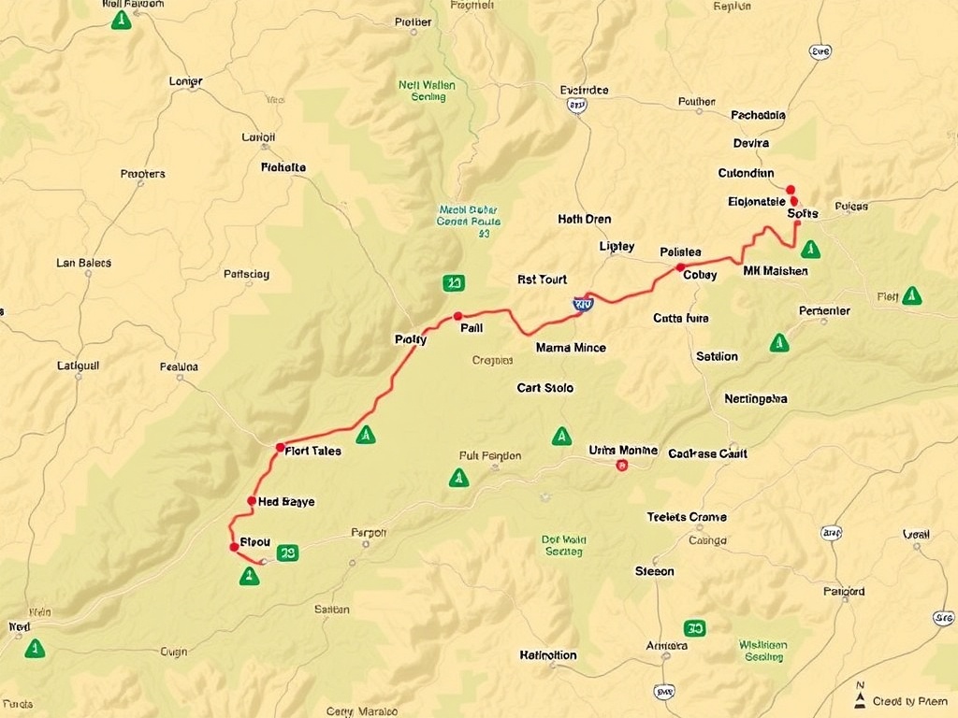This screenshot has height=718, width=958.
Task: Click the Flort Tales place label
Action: click(313, 451)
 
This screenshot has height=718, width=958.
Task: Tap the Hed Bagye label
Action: click(286, 502)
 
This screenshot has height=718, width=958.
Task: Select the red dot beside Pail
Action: click(457, 316)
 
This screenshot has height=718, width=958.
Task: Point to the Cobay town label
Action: click(700, 275)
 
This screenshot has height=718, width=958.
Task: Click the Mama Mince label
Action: click(571, 348)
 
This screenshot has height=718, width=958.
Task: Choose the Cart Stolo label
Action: click(545, 388)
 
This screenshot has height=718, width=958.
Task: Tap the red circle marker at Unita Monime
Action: click(622, 465)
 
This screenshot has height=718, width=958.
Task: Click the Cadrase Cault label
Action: click(707, 453)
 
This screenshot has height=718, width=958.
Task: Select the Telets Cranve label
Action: click(687, 517)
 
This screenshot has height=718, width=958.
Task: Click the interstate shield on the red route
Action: click(583, 303)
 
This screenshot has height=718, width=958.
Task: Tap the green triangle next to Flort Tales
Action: click(366, 435)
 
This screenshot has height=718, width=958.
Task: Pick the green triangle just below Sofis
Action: click(811, 250)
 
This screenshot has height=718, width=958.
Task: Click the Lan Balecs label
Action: click(84, 263)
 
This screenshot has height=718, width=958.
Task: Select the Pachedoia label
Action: click(758, 116)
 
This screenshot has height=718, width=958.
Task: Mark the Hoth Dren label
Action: click(585, 220)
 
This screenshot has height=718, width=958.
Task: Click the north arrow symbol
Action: click(860, 696)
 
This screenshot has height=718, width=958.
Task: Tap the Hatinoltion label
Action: click(548, 655)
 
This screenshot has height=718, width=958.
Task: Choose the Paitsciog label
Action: click(247, 275)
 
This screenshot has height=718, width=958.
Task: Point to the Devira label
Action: click(751, 144)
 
